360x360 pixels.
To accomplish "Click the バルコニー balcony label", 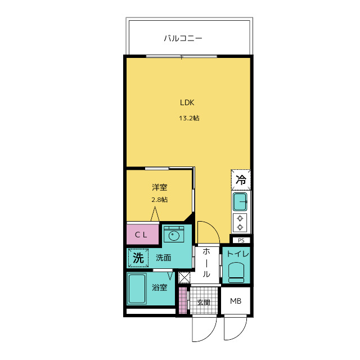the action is (x=183, y=38).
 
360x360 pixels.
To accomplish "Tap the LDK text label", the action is (x=187, y=102).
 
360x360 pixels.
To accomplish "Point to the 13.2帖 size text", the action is (x=189, y=118).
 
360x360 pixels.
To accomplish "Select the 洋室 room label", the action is (x=160, y=187).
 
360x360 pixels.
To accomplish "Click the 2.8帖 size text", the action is (x=160, y=200).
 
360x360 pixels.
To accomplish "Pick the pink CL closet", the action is (x=142, y=235).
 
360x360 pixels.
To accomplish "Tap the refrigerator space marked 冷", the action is (x=241, y=180).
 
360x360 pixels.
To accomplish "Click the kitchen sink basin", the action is (x=240, y=202).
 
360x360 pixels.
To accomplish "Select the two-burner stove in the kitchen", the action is (x=240, y=223).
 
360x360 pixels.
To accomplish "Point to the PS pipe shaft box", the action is (x=241, y=240).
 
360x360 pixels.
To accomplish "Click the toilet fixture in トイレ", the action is (x=236, y=272).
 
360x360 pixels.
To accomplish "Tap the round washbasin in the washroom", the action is (x=174, y=235).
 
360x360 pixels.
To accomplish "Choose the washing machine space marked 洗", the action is (x=138, y=258).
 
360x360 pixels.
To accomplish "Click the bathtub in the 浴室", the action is (x=137, y=289).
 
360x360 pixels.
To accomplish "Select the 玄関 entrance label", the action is (x=204, y=303).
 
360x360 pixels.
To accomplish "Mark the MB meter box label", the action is (x=236, y=301).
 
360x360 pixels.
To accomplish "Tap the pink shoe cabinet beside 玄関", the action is (x=183, y=300).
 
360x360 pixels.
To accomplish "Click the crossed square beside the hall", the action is (x=184, y=277).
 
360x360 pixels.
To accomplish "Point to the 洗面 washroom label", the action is (x=164, y=258).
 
